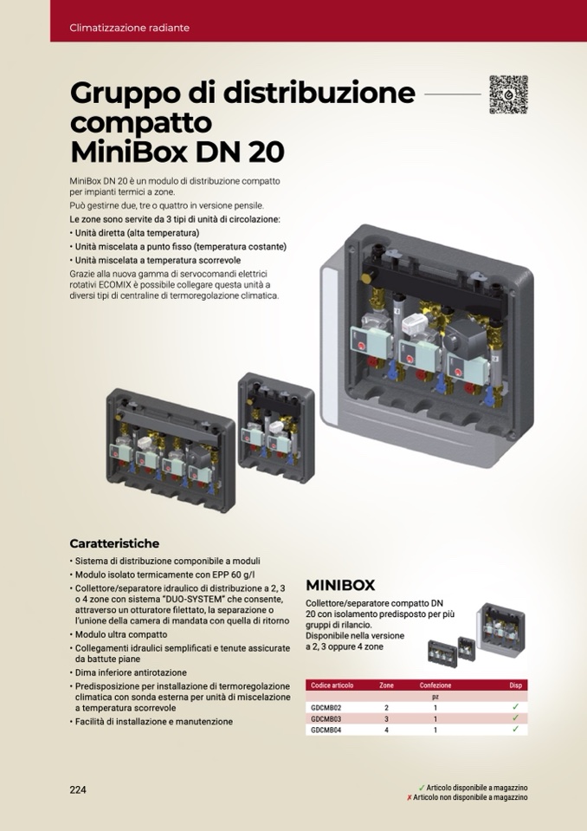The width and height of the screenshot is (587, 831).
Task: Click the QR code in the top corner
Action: coord(508,94)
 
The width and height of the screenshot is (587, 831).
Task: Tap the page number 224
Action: coord(78,789)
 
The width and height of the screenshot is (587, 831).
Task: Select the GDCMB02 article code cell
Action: coord(326,707)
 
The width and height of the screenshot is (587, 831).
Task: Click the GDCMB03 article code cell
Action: coord(326,719)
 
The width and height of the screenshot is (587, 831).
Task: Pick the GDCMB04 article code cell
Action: coord(326,730)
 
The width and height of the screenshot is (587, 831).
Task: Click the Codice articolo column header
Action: coord(332,685)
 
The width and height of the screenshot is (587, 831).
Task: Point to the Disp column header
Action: coord(515,685)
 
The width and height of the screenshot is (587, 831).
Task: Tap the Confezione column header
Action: coord(435,685)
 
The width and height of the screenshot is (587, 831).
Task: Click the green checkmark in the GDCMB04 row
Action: coord(515,730)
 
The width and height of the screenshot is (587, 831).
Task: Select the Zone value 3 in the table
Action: coord(386,719)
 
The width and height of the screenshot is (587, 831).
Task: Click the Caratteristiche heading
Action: coord(114,543)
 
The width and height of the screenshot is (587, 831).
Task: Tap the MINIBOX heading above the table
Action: coord(340,585)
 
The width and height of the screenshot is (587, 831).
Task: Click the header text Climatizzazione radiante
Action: coord(129,28)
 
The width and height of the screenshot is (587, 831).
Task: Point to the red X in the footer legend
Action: coord(410,797)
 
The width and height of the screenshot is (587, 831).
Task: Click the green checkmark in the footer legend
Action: coord(422,788)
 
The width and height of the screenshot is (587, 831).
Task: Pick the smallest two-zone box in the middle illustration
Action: coord(276,428)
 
